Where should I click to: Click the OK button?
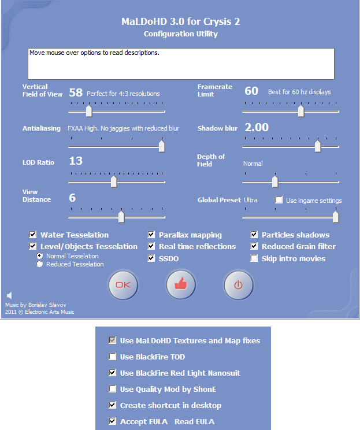[123, 285]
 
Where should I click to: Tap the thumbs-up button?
[181, 285]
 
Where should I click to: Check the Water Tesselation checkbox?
[33, 235]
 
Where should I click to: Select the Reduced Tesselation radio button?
[39, 264]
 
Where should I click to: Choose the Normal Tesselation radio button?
[39, 255]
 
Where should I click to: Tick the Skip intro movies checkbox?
[254, 258]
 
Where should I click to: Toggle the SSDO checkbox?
[151, 258]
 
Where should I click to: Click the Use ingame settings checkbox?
[279, 200]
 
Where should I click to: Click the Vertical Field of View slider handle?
[88, 110]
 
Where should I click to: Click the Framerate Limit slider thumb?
[301, 110]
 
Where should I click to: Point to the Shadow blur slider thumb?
[318, 146]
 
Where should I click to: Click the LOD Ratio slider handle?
[114, 181]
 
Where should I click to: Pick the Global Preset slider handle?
[336, 217]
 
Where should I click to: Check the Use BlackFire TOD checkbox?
[113, 357]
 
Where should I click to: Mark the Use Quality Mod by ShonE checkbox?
[113, 389]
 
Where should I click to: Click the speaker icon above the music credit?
[9, 296]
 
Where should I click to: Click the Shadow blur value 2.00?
[257, 128]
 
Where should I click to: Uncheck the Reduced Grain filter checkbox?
[254, 247]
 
